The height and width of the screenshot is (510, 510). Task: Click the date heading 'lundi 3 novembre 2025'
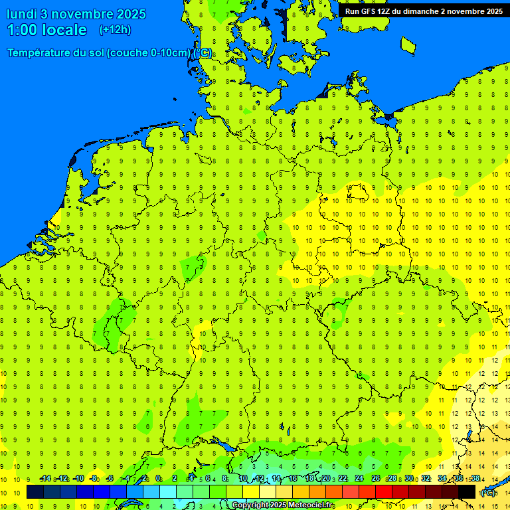click(76, 14)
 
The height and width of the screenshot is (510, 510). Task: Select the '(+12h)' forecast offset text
click(115, 30)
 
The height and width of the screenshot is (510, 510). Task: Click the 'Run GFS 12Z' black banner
click(424, 11)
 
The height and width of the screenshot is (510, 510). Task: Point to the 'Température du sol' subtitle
click(110, 52)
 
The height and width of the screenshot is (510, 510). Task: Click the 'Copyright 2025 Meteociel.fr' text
click(282, 505)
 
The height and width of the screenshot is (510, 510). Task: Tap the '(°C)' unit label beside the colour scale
click(487, 493)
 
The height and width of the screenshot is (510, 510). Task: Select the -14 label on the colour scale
click(45, 479)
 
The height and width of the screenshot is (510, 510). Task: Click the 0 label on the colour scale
click(158, 479)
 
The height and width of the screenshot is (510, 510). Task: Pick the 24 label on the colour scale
click(359, 479)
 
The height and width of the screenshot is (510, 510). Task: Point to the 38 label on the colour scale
click(475, 479)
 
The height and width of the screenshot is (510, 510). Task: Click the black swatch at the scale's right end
click(467, 492)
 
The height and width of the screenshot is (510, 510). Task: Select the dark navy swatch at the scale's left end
click(35, 492)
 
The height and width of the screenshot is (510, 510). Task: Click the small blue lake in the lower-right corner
click(469, 436)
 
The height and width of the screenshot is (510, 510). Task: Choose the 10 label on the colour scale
click(242, 479)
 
